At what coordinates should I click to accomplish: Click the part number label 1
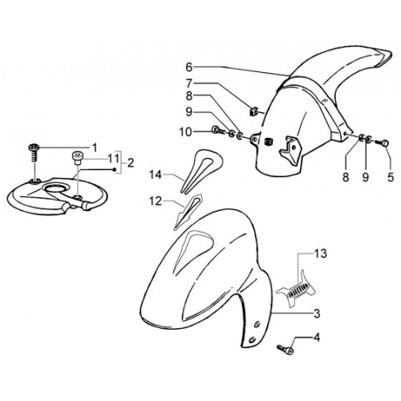pos(95,148)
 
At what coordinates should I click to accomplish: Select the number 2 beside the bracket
pos(131,163)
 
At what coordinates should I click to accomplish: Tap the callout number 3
pos(317,314)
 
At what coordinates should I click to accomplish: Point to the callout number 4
pos(317,338)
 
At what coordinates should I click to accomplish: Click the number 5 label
pos(391,177)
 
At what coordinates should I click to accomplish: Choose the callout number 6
pos(189,67)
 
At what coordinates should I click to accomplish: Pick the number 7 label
pos(189,83)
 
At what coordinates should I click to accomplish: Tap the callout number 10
pos(185,132)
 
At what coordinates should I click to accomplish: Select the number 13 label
pos(321,253)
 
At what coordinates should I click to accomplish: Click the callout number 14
pos(156,175)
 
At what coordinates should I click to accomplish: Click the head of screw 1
pos(34,147)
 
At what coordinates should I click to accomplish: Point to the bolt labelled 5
pos(383,143)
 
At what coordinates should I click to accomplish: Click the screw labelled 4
pos(286,349)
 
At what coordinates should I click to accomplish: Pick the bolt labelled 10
pos(218,130)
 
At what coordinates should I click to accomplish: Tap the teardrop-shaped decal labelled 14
pos(202,168)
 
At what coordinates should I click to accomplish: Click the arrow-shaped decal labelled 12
pos(187,211)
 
